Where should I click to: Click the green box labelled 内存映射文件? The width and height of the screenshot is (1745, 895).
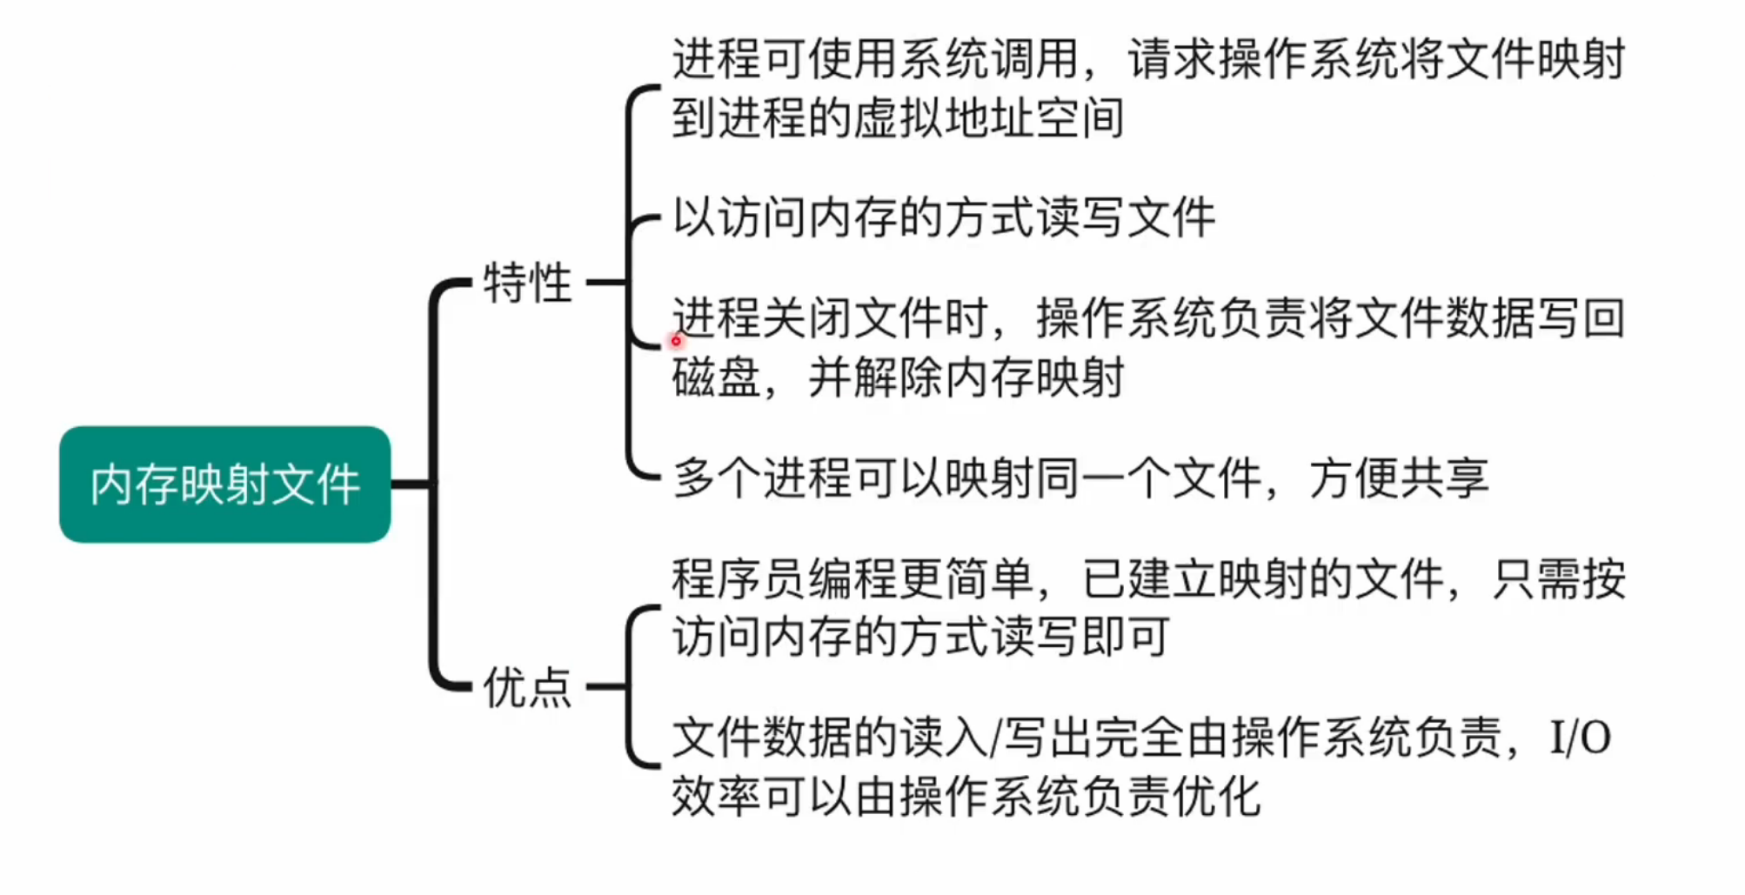(224, 484)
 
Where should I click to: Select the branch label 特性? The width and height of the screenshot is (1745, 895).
(527, 283)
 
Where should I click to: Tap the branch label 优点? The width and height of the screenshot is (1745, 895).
(527, 687)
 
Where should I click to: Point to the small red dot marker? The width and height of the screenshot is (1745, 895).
(676, 341)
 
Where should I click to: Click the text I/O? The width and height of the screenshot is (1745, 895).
(1580, 738)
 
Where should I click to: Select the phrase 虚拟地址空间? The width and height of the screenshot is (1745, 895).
(988, 118)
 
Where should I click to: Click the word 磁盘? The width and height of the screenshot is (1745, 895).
(716, 377)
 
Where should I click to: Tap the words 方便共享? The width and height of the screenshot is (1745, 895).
(1399, 478)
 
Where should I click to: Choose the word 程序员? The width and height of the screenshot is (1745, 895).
(739, 578)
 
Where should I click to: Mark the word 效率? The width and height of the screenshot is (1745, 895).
(716, 797)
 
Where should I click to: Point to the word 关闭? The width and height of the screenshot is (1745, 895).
(806, 317)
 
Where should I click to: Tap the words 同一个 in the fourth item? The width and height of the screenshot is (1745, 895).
(1101, 478)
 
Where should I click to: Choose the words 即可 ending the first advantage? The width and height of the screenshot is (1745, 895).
(1126, 638)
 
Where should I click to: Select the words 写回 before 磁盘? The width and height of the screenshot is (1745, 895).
(1580, 317)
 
